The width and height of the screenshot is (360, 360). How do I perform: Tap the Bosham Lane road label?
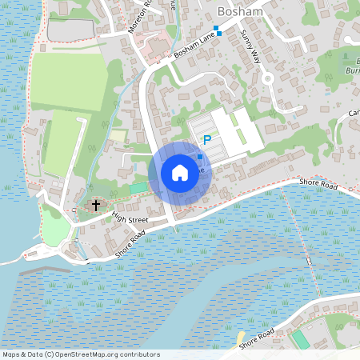pos(195,46)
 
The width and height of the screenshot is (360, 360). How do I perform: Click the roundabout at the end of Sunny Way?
pos(268,79)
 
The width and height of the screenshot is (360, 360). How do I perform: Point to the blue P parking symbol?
pos(206,140)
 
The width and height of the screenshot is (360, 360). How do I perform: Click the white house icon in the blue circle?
pos(180,173)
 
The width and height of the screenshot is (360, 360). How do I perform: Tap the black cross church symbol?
pos(95,206)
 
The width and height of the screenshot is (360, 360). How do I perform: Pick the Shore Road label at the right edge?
pos(320,183)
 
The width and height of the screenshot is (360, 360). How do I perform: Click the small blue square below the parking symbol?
pos(199,158)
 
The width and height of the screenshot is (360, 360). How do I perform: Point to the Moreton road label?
pos(139,17)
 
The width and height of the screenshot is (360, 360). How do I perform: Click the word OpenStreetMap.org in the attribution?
pos(107,354)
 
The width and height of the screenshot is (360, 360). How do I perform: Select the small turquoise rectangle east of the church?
pos(139,187)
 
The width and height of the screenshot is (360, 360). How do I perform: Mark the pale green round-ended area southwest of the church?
pos(55,232)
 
